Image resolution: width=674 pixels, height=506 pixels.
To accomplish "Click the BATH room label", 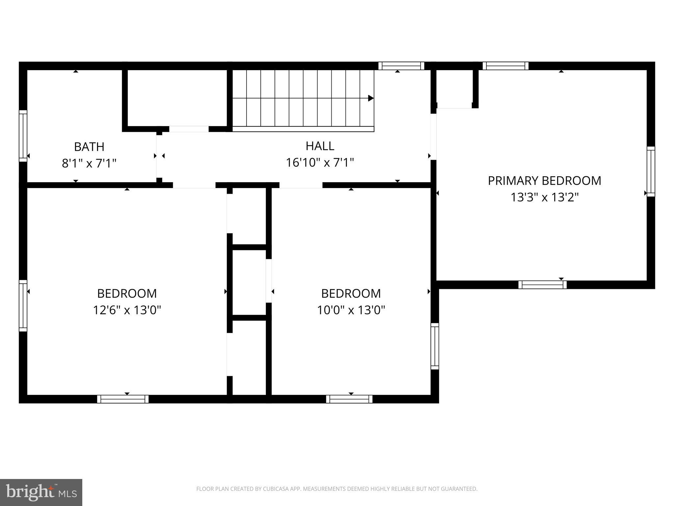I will [x=89, y=147].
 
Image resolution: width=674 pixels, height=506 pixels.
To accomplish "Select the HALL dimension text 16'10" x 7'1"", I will [x=320, y=163].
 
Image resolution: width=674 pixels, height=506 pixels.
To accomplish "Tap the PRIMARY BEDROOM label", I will [x=544, y=181].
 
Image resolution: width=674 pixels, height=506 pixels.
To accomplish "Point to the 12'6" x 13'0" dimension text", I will [x=127, y=310].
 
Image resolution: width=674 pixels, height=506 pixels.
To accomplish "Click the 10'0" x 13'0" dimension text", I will [x=351, y=310].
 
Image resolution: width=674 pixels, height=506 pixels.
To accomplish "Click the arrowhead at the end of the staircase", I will [x=371, y=98].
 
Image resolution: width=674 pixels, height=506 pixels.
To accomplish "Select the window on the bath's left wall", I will [x=23, y=136].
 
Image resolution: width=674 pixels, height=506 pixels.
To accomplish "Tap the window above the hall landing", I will [x=401, y=66].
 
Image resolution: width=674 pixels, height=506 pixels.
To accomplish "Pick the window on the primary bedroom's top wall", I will [x=505, y=66].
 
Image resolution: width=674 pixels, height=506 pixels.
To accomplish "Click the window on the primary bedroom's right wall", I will [x=651, y=172].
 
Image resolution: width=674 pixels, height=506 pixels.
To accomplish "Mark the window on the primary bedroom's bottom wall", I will [x=542, y=285].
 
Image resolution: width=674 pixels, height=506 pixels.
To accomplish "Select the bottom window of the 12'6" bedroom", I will [x=123, y=399].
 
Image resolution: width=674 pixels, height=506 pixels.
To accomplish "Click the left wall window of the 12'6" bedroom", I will [x=23, y=306].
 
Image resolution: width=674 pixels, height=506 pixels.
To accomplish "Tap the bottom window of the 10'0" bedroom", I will [x=349, y=399].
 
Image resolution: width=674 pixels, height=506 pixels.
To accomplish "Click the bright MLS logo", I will [x=41, y=492].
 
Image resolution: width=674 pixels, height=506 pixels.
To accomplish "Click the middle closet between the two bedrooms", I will [x=249, y=282].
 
